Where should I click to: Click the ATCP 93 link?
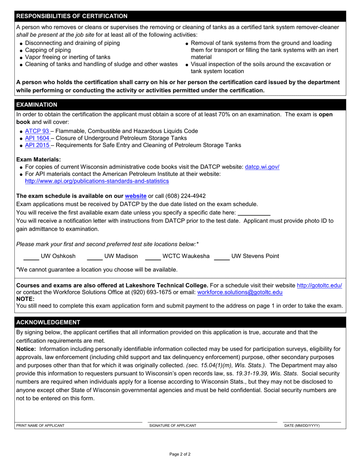[37, 131]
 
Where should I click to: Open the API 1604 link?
[37, 138]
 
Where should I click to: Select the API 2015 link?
[37, 145]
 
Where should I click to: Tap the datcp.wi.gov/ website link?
[262, 167]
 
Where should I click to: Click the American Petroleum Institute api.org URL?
[97, 181]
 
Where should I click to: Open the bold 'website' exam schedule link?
[136, 196]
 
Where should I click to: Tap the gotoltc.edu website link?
[319, 285]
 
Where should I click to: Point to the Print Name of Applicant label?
[40, 425]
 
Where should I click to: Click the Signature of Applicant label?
[173, 425]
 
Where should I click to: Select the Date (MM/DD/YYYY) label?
[302, 425]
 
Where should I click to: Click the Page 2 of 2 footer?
[180, 454]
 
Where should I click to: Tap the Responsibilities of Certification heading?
[72, 16]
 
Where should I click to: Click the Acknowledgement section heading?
[48, 322]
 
